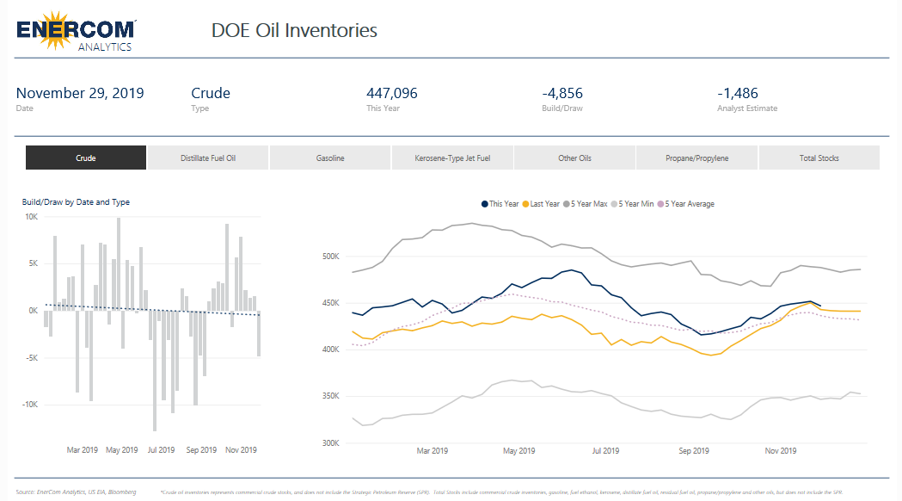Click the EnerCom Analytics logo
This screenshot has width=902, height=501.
(76, 31)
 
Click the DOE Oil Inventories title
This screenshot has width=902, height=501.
(294, 31)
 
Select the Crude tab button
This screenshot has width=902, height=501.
(86, 158)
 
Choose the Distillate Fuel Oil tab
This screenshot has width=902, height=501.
(208, 158)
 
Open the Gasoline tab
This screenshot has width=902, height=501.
(330, 158)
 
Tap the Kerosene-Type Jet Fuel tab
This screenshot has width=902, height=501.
(452, 158)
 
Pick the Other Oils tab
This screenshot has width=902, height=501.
(574, 158)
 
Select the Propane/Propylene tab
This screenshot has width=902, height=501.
(696, 158)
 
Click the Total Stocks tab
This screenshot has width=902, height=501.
(819, 158)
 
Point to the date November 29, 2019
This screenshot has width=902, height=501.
(80, 93)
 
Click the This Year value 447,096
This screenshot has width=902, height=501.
(392, 93)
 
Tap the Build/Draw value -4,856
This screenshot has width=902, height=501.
(562, 93)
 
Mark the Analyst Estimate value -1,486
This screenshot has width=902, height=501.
(738, 93)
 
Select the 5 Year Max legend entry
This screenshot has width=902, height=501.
(589, 204)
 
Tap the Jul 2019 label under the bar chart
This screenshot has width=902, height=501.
(162, 450)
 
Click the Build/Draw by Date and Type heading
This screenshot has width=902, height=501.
(76, 202)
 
